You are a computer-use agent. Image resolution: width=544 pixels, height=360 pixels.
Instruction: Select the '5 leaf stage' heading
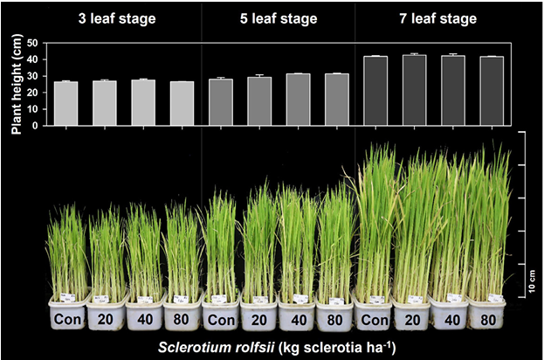coord(278,17)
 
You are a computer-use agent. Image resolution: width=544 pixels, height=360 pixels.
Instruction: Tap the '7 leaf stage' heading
coord(437,17)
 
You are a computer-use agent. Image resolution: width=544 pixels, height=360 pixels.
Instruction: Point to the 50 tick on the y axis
coord(31,43)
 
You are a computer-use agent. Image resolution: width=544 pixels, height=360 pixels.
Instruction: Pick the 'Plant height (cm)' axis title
coord(15,84)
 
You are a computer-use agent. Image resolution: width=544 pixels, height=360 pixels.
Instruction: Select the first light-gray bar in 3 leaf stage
coord(66,103)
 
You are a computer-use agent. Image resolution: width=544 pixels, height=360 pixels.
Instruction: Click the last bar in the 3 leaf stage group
coord(182,103)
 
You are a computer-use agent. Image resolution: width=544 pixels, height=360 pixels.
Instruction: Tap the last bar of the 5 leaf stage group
coord(336,100)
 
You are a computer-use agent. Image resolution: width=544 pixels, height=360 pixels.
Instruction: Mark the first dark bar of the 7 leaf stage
coord(375,91)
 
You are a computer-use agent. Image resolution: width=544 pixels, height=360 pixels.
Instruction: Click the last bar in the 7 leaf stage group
coord(492,91)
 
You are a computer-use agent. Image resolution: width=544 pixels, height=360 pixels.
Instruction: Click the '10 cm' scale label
coord(533,285)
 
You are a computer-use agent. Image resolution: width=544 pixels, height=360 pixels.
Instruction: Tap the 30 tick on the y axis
coord(31,75)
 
